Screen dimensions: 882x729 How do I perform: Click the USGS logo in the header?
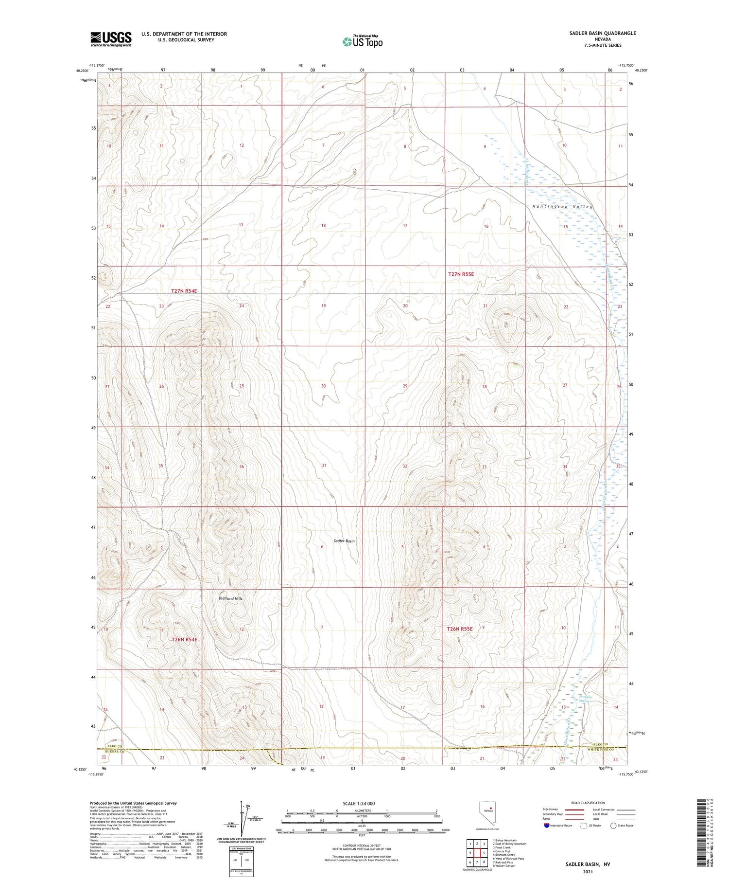tap(111, 39)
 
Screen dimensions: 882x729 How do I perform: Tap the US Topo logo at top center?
tap(363, 41)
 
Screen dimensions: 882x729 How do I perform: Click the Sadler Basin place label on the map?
tap(344, 541)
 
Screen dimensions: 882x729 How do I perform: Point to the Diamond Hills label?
tap(231, 598)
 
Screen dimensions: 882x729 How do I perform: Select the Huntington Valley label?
tap(562, 207)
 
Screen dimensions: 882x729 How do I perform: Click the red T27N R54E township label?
tap(184, 291)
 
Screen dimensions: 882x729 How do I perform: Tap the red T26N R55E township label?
tap(459, 629)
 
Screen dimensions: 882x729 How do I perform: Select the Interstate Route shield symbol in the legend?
tap(546, 826)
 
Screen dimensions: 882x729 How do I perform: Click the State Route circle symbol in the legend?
tap(613, 826)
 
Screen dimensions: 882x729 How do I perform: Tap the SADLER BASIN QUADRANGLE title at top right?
tap(603, 33)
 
